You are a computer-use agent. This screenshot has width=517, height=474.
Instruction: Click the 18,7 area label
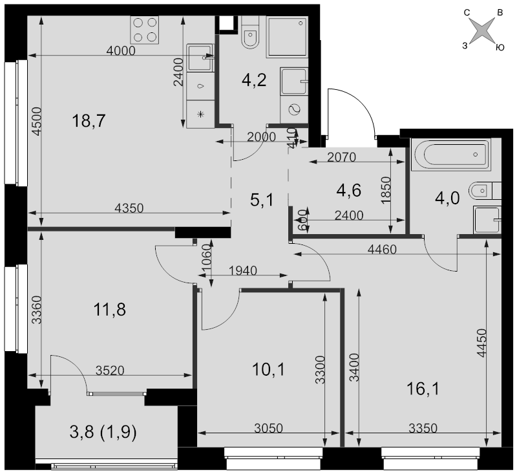point(89,121)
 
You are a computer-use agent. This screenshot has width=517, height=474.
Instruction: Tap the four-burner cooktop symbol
point(145,30)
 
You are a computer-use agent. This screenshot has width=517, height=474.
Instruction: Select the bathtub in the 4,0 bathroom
point(450,155)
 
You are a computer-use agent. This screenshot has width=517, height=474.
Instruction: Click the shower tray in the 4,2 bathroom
point(287,36)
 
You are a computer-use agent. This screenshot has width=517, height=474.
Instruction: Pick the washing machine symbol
point(294,110)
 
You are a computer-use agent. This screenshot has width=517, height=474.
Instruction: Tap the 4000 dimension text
point(121,51)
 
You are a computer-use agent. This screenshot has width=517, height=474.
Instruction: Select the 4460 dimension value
point(382,250)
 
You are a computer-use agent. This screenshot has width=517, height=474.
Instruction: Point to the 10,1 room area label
point(268,369)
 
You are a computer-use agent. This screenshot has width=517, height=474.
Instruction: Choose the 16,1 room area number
point(423,389)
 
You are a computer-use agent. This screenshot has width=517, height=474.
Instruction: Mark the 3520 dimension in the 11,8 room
point(110,371)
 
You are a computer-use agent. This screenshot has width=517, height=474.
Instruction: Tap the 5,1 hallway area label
point(262,200)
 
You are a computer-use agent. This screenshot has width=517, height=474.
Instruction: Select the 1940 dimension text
point(243,271)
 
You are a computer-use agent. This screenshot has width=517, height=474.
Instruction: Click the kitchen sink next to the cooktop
point(200,58)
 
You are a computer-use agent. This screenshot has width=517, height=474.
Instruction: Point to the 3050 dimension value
point(268,428)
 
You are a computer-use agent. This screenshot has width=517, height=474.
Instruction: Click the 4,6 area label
point(349,190)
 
